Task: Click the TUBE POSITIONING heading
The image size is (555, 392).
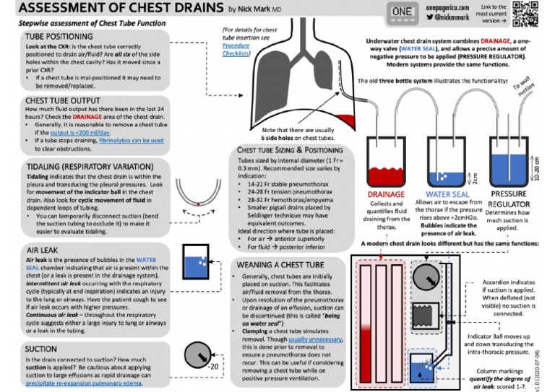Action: [59, 35]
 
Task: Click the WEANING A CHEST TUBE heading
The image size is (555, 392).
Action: [283, 265]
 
